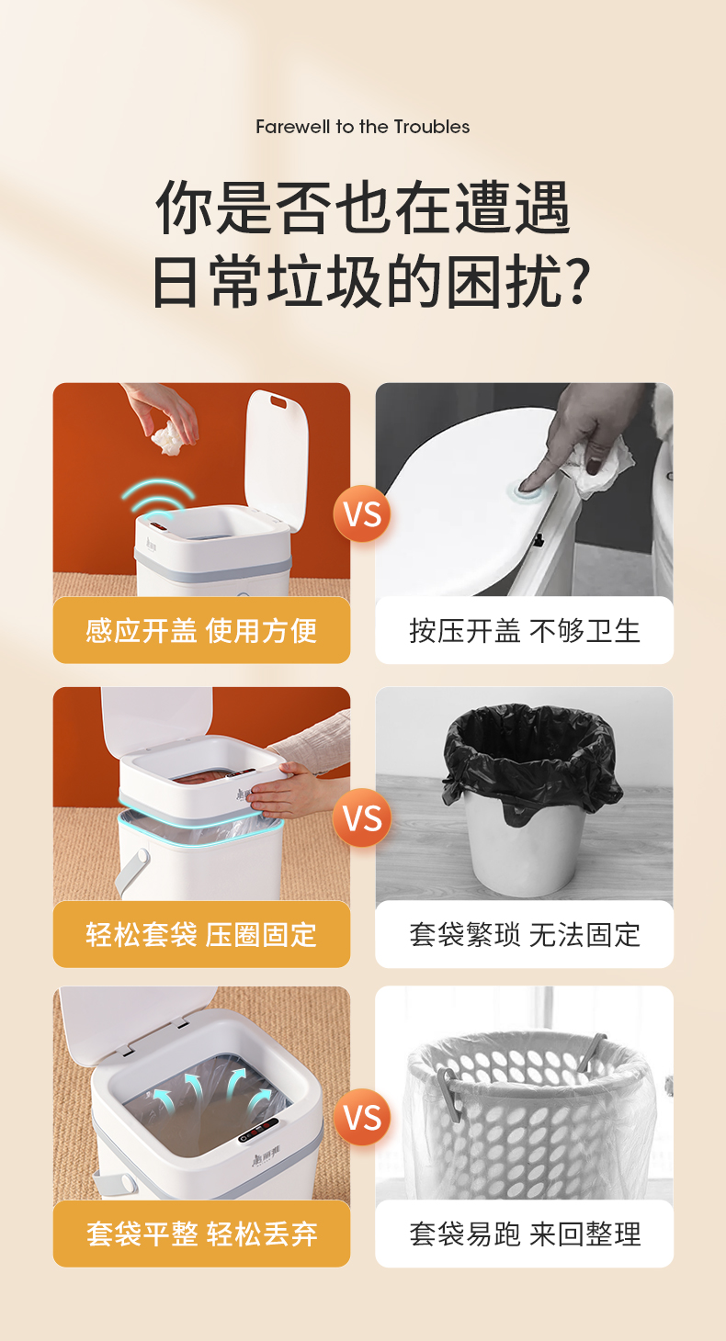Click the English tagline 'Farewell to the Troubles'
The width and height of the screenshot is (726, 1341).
362,127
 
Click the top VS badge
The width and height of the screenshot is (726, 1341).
362,513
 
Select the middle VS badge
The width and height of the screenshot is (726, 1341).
362,817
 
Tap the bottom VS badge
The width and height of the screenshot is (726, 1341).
362,1117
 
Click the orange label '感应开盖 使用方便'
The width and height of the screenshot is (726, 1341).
201,630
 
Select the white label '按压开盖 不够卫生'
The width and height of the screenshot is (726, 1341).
524,630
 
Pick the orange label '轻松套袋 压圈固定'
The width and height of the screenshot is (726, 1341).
201,934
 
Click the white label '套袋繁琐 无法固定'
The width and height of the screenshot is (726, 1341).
524,934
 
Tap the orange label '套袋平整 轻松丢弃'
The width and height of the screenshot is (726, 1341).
201,1234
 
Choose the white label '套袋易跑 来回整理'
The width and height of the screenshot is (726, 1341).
524,1234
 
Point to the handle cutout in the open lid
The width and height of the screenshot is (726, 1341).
278,401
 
